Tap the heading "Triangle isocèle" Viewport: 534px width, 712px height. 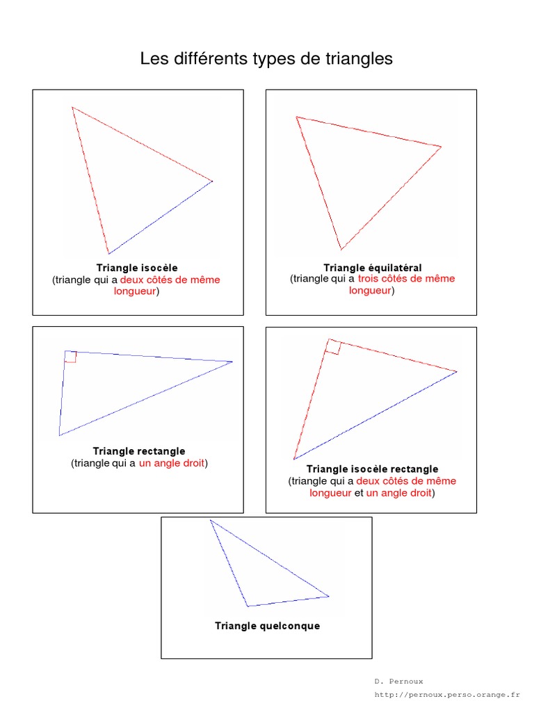coord(137,268)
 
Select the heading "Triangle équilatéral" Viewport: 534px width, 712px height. coord(373,268)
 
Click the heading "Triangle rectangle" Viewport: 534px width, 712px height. coord(139,451)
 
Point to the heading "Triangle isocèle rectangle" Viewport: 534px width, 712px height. coord(373,469)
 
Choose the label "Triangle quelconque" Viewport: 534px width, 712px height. coord(267,626)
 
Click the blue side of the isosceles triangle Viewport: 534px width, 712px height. coord(161,218)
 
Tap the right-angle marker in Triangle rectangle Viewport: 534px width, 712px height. coord(71,357)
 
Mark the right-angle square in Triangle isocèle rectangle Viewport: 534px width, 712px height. coord(333,347)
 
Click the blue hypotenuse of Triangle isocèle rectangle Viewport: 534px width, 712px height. coord(375,416)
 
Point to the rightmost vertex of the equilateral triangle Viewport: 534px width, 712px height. coord(441,147)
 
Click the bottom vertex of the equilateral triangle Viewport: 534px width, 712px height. coord(341,250)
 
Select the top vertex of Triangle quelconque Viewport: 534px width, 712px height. coord(210,520)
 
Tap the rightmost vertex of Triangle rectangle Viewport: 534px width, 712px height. coord(232,362)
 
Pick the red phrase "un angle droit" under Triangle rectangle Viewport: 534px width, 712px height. coord(172,463)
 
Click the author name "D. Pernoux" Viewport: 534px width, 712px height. coord(398,681)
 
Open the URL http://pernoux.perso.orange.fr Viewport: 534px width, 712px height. coord(447,695)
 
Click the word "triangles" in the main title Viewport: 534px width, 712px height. coord(359,58)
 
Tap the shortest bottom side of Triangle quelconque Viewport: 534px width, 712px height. coord(288,601)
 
